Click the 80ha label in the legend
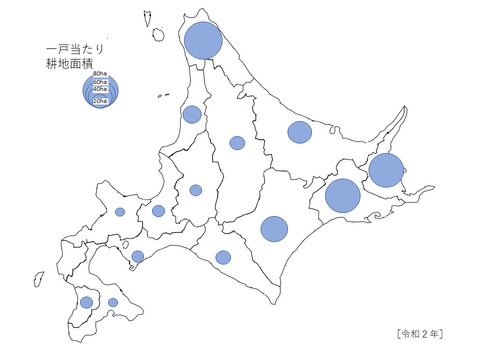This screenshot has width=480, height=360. tap(100, 74)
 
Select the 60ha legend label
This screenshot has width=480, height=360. tap(100, 82)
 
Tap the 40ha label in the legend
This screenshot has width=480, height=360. tap(100, 89)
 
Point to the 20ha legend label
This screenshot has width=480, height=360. tap(100, 101)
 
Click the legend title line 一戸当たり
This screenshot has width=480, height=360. tap(75, 49)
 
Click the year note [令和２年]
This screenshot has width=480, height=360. tap(419, 333)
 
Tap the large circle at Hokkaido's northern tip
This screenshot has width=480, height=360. tap(203, 40)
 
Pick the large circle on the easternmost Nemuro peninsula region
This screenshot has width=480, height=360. tap(386, 170)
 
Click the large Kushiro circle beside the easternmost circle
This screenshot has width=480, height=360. tap(342, 195)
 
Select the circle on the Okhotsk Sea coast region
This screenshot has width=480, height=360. tap(299, 132)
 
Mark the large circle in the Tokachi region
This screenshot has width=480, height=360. tap(274, 229)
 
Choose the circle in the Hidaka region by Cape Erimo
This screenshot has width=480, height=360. tap(223, 257)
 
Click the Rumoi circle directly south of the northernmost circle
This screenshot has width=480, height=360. tap(192, 114)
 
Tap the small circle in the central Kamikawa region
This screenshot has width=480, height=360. tap(237, 143)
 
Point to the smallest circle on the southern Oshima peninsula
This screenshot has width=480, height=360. tap(113, 302)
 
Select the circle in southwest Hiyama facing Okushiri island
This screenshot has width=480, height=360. tap(86, 302)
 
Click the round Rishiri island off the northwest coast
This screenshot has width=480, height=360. tap(158, 34)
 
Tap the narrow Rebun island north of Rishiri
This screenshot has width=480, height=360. tap(148, 18)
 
